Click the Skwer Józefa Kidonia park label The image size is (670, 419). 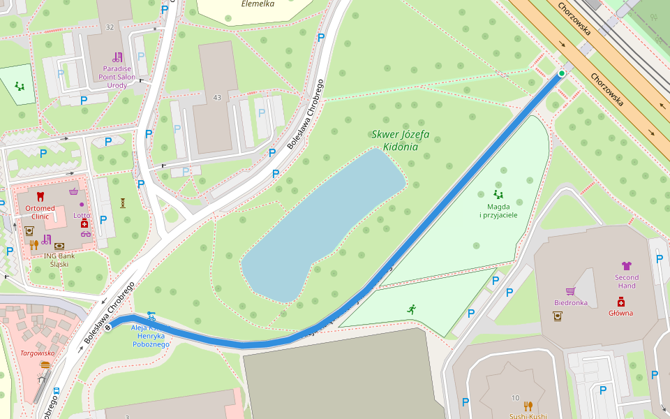pyautogui.click(x=400, y=140)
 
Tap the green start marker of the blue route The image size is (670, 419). pyautogui.click(x=562, y=73)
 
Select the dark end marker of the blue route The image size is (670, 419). pyautogui.click(x=108, y=328)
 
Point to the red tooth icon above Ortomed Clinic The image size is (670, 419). pyautogui.click(x=40, y=196)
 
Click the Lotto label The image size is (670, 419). pyautogui.click(x=82, y=215)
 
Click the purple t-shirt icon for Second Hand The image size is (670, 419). pyautogui.click(x=626, y=265)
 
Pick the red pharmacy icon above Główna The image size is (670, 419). pyautogui.click(x=620, y=301)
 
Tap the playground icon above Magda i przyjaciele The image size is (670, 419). pyautogui.click(x=498, y=194)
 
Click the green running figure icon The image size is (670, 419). pyautogui.click(x=412, y=308)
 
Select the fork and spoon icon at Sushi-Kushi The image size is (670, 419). pyautogui.click(x=528, y=406)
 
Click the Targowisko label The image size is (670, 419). pyautogui.click(x=37, y=353)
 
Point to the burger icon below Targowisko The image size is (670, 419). pyautogui.click(x=45, y=365)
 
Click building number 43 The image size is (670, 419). pyautogui.click(x=217, y=97)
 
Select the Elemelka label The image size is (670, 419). pyautogui.click(x=258, y=4)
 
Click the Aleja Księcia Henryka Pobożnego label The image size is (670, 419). pyautogui.click(x=151, y=335)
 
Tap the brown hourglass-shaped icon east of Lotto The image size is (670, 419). pyautogui.click(x=123, y=203)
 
